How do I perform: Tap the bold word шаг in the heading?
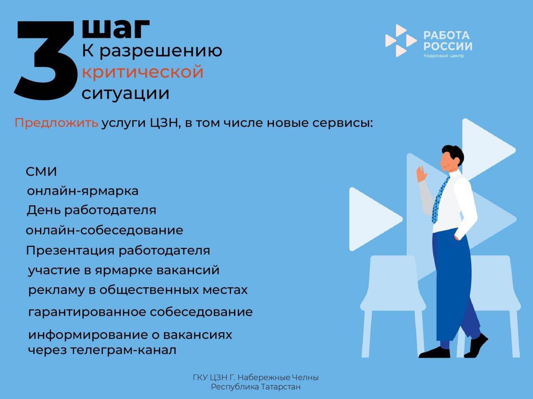[115, 29]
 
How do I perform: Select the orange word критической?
[142, 72]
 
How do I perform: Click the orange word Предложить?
[57, 123]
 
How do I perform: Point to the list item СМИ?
[41, 172]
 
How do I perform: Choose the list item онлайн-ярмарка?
[82, 191]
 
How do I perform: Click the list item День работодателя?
[91, 210]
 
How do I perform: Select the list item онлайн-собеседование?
[104, 230]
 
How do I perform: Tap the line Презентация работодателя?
[118, 251]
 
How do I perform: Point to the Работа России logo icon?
[400, 41]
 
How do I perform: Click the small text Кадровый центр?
[443, 56]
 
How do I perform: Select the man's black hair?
[454, 153]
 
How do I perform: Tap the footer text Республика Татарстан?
[256, 387]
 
